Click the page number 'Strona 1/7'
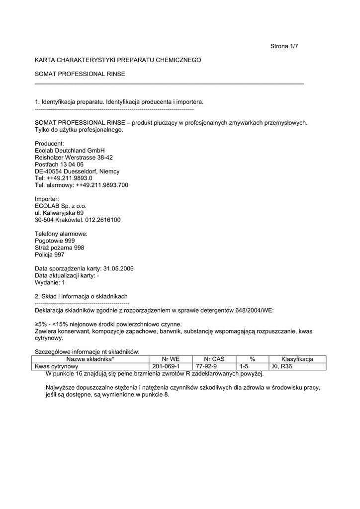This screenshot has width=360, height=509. [x=284, y=46]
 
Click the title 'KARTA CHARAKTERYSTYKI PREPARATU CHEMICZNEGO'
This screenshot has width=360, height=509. [x=118, y=60]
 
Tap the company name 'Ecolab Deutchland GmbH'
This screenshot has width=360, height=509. [x=70, y=150]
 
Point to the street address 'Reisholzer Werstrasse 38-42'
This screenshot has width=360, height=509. [x=74, y=157]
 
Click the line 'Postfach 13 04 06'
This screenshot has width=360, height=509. [x=59, y=164]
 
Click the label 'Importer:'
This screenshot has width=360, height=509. [x=47, y=199]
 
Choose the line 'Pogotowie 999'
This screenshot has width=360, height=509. [x=55, y=241]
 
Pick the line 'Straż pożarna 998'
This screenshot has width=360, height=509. [x=59, y=248]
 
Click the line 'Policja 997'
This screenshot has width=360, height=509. [x=49, y=254]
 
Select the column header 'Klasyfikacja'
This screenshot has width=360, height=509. [x=297, y=359]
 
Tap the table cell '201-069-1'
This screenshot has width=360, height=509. [x=166, y=366]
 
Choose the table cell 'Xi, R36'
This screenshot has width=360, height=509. [x=282, y=366]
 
